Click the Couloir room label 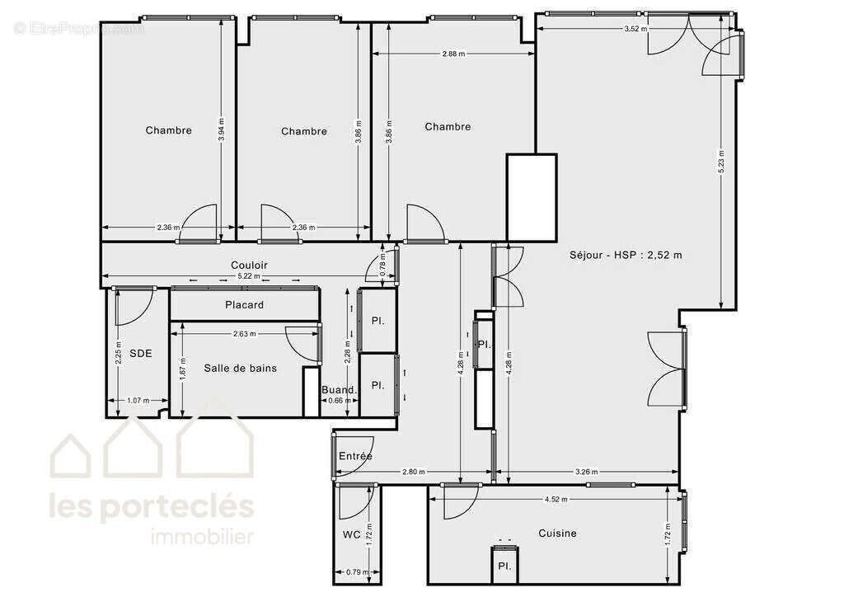(x=249, y=265)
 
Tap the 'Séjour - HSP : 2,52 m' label (x=626, y=255)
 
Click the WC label (x=351, y=534)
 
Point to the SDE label (x=141, y=353)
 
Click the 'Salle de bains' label (x=241, y=368)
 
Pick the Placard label (x=245, y=305)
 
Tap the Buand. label (x=339, y=390)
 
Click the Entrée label (x=355, y=456)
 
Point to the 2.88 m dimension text (x=453, y=54)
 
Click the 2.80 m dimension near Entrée (x=413, y=472)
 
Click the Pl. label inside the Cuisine (x=503, y=566)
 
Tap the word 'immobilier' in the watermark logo (x=202, y=538)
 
